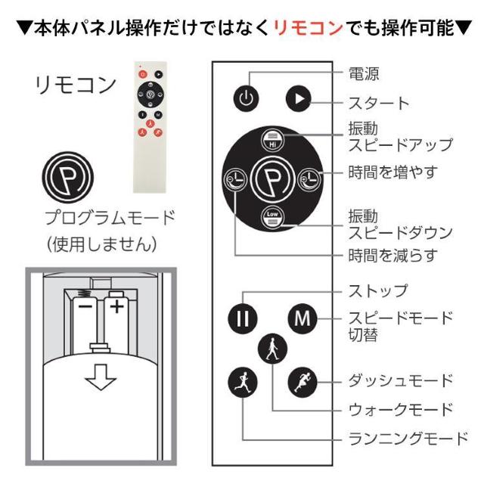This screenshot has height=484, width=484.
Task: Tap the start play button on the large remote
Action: click(299, 98)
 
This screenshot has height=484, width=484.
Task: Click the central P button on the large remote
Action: click(271, 179)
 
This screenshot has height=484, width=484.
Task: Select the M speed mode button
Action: click(302, 318)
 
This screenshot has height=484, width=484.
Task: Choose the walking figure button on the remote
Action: click(271, 349)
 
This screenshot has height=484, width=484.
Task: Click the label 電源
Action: click(363, 73)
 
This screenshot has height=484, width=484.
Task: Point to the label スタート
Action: click(377, 103)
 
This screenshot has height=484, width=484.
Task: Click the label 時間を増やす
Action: click(392, 172)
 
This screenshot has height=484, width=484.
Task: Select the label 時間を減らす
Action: click(392, 255)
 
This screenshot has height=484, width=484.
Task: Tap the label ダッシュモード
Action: click(399, 380)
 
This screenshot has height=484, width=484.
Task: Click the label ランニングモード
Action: click(406, 438)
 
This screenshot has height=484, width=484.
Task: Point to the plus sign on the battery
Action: click(116, 307)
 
